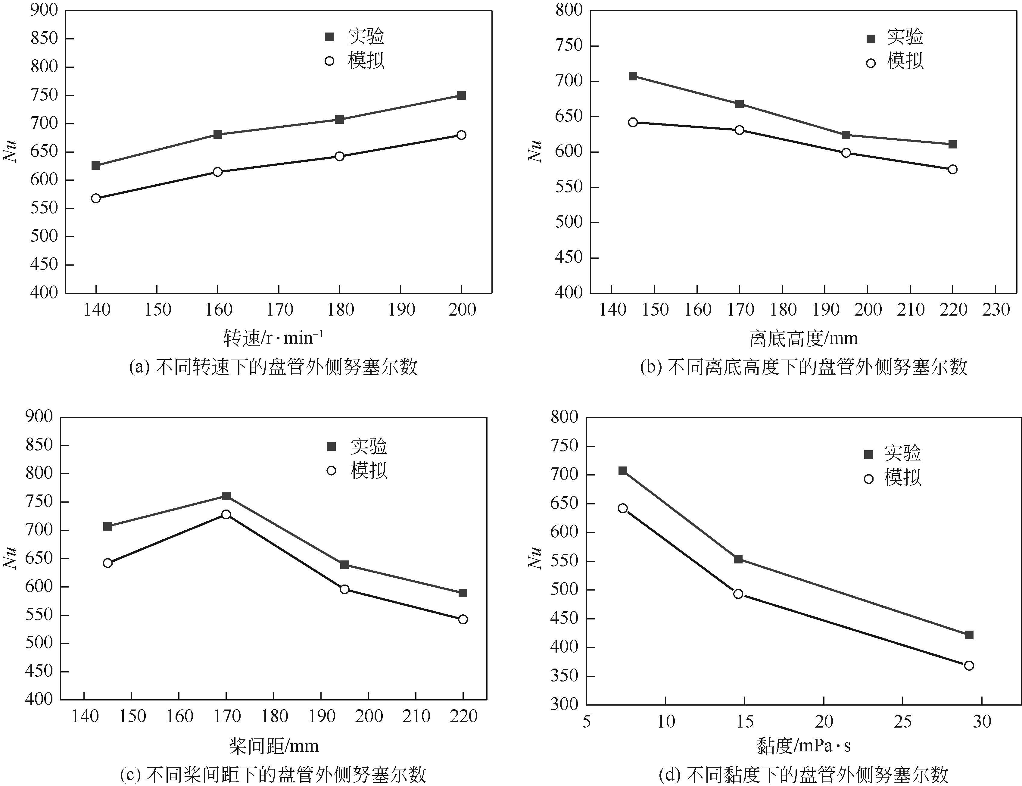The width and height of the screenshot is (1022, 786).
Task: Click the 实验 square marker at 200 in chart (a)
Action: [461, 95]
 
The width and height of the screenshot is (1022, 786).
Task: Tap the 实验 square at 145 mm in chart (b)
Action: [633, 76]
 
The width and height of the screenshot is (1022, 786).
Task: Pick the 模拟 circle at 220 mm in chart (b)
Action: [953, 169]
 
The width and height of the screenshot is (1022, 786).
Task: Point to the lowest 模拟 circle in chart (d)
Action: [969, 665]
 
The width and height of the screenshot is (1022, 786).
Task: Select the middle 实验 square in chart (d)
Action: [738, 559]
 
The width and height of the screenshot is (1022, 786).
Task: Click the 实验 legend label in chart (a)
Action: [366, 36]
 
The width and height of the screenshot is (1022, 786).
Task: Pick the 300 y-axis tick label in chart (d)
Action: [565, 705]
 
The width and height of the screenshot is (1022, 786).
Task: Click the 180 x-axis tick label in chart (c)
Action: [274, 716]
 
